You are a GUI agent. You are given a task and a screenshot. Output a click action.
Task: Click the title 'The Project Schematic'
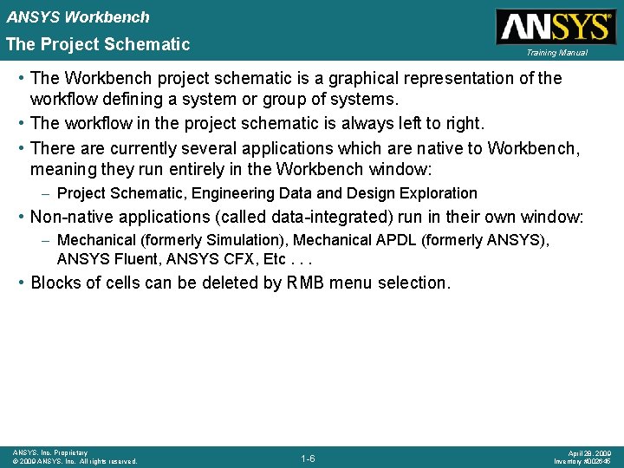tap(98, 44)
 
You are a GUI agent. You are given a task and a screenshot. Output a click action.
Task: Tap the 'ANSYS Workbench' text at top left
tap(78, 16)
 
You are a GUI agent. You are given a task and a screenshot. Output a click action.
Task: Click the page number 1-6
tap(308, 458)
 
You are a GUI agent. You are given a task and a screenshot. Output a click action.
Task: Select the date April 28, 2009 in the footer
tap(590, 453)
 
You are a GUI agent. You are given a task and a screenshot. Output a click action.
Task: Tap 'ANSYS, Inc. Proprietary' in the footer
tap(50, 452)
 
